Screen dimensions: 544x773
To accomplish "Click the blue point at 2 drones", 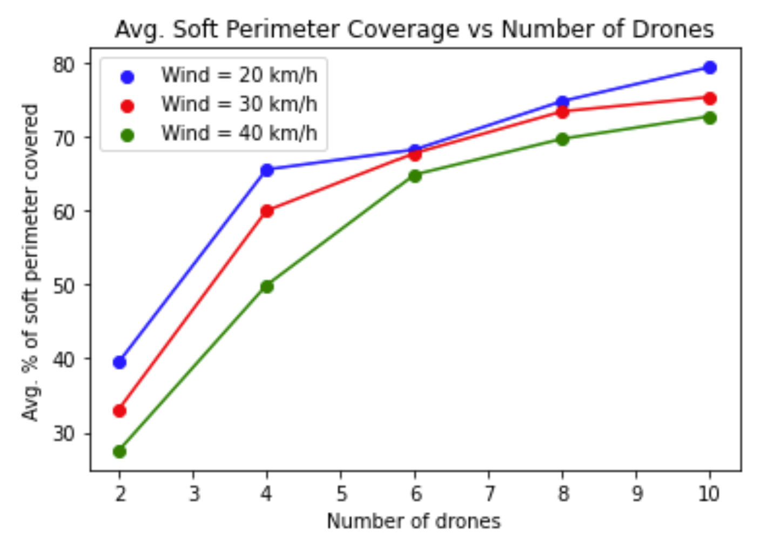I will point(119,362).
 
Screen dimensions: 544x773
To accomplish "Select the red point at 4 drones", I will point(267,211).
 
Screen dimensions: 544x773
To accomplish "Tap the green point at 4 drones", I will point(267,286).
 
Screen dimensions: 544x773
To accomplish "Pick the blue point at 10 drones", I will point(710,67).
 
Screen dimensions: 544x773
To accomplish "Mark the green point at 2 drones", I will point(119,451).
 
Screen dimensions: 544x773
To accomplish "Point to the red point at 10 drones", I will point(710,98).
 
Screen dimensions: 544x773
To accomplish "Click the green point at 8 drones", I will point(562,139).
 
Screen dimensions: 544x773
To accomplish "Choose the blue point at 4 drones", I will point(267,170).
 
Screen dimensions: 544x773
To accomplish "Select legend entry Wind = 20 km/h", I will point(239,75).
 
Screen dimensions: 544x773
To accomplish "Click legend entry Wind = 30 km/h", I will point(239,104).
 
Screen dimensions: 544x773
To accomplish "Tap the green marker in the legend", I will point(127,135).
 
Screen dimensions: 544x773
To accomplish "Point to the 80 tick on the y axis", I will point(63,64).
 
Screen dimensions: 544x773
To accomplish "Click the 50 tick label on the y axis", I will point(63,286).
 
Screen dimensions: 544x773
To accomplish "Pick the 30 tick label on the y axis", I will point(63,433).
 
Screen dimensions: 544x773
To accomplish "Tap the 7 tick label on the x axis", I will point(488,494).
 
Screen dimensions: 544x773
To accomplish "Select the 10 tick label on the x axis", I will point(709,494).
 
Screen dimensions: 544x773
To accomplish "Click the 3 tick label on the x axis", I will point(193,494).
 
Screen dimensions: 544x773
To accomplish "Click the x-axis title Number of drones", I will point(413,521).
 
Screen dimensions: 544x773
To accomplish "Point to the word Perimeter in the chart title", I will point(284,29).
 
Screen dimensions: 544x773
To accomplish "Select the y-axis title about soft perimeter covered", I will point(31,262).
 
